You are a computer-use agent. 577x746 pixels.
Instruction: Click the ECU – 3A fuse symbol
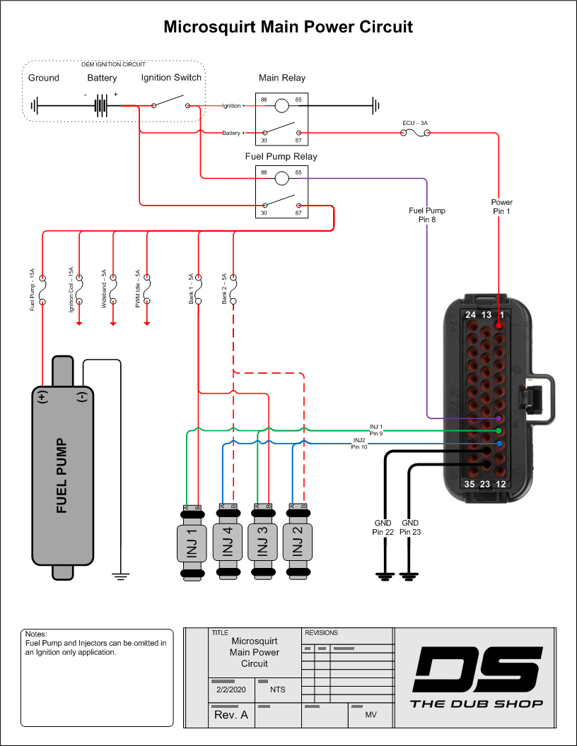coord(416,132)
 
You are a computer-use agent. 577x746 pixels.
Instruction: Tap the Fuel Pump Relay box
coord(281,192)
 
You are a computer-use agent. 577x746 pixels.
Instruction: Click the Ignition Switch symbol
coord(170,105)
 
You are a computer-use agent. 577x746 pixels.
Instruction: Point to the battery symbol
coord(103,106)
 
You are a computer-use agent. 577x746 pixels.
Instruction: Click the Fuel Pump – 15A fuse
coord(42,290)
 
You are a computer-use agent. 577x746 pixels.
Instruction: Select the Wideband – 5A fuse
coord(113,290)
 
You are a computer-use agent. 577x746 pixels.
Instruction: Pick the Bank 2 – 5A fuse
coord(233,290)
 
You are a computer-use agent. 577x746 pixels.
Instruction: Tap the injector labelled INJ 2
coord(298,543)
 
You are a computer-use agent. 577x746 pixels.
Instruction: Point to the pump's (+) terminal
coord(42,396)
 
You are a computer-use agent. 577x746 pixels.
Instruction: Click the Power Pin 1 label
coord(502,207)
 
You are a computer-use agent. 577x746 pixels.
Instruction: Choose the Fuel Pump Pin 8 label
coord(427,215)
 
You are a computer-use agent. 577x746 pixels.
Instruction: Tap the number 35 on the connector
coord(470,484)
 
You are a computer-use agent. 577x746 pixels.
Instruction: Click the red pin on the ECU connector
coord(499,325)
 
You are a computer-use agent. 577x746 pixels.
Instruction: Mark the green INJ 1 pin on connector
coord(499,431)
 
